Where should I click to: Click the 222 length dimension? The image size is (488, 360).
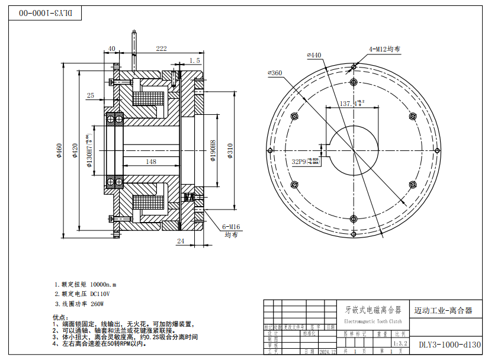pyautogui.click(x=160, y=49)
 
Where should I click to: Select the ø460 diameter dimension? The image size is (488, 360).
pyautogui.click(x=59, y=152)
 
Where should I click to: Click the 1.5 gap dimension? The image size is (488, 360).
pyautogui.click(x=195, y=60)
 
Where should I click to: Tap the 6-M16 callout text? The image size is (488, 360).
pyautogui.click(x=230, y=226)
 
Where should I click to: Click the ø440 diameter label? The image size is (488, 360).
pyautogui.click(x=314, y=55)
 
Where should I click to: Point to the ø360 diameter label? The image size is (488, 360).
pyautogui.click(x=275, y=73)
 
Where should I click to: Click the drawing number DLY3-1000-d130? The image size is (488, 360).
pyautogui.click(x=450, y=344)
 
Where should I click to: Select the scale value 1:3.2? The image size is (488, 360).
pyautogui.click(x=400, y=342)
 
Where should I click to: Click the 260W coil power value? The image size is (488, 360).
pyautogui.click(x=97, y=304)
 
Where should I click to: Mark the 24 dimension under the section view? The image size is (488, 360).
pyautogui.click(x=181, y=240)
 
